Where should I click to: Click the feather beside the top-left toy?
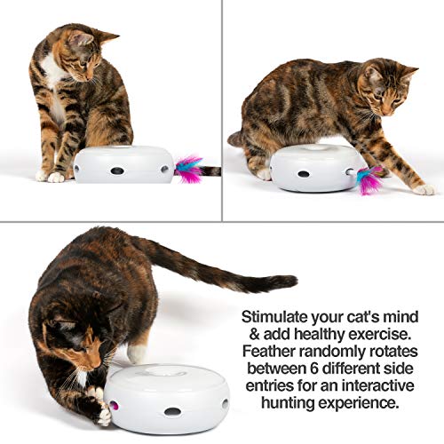[x=189, y=168]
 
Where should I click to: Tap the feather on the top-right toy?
[x=368, y=178]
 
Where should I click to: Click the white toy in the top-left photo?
[x=123, y=164]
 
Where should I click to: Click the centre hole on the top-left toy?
[x=116, y=170]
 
